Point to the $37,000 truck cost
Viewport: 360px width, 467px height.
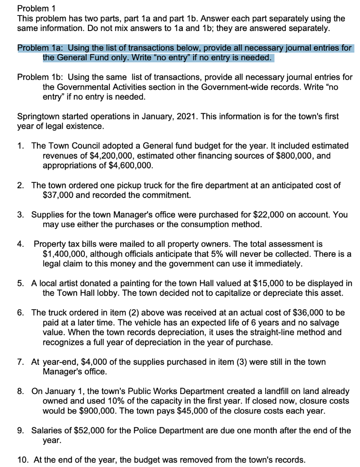pos(58,195)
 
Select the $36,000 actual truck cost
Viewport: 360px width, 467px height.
pos(269,313)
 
